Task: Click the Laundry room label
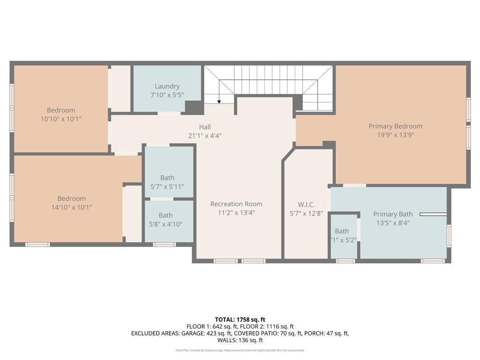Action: (167, 86)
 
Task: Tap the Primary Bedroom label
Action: (395, 126)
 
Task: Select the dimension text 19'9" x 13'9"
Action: (395, 135)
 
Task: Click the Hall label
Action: (204, 127)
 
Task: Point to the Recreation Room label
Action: (236, 204)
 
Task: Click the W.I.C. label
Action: (306, 205)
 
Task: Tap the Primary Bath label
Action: (393, 214)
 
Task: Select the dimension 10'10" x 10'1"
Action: (61, 119)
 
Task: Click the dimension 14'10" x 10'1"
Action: (71, 207)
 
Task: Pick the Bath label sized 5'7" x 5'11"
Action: (167, 178)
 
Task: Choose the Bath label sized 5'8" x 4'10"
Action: (165, 215)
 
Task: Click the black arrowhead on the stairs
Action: (219, 101)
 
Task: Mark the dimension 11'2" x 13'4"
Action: (236, 213)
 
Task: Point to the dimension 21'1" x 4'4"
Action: (204, 136)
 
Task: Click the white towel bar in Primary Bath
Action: (433, 215)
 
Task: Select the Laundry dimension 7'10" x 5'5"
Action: (167, 95)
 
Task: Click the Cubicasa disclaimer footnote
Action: (240, 350)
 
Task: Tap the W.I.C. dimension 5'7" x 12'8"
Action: (306, 214)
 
